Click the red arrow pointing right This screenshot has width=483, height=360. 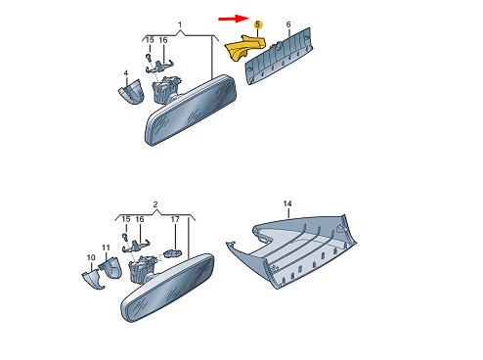(x=234, y=19)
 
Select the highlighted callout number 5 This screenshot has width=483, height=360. (x=258, y=24)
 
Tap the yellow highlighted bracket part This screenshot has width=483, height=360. (x=244, y=47)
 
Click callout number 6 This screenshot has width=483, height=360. (x=288, y=24)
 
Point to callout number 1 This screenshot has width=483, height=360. (x=180, y=24)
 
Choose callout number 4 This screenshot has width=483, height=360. (x=126, y=73)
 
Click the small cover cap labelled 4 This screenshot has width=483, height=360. (x=131, y=92)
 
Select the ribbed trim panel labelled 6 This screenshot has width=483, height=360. (x=279, y=56)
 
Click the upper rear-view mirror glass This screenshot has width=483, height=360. (x=191, y=111)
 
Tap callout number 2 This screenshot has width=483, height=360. (x=155, y=204)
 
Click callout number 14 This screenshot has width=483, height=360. (x=287, y=203)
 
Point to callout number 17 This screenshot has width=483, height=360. (x=175, y=219)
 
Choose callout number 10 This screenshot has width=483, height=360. (x=91, y=257)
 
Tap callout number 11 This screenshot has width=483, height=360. (x=106, y=247)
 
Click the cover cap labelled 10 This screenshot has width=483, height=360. (x=93, y=280)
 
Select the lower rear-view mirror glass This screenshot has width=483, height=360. (x=168, y=288)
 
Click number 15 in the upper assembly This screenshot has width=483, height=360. (x=150, y=40)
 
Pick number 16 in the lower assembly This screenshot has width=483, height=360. (x=140, y=219)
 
